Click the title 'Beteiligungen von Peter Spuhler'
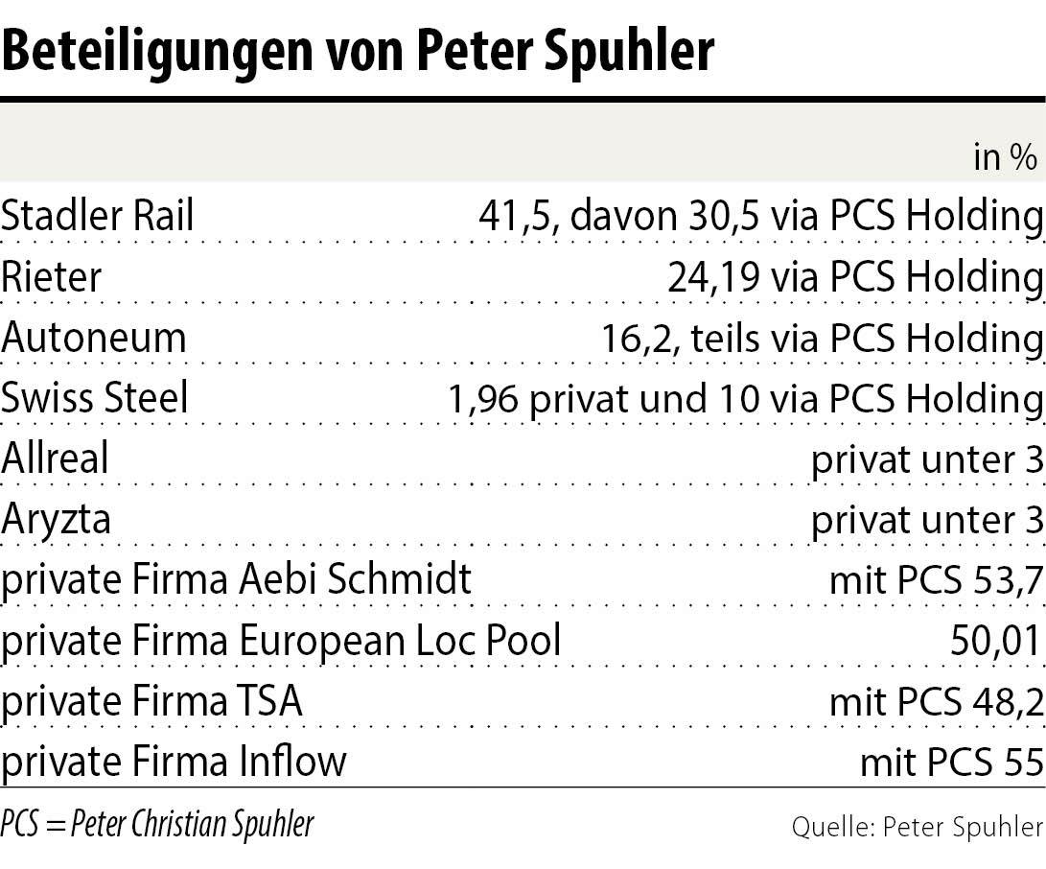[358, 50]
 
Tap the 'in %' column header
[1005, 157]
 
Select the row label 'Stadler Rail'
[97, 217]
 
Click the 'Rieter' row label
[51, 277]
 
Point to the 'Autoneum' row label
[94, 338]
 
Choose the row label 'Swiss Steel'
[95, 398]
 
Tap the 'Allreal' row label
[55, 459]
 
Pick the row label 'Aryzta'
[56, 520]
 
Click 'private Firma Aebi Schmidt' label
[236, 580]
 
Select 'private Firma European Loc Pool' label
[281, 641]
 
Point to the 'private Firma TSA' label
[151, 701]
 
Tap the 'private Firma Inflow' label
[174, 762]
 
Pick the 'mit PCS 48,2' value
[936, 701]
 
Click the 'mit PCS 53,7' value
[936, 580]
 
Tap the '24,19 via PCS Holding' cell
[855, 277]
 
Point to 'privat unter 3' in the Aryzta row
[926, 520]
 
